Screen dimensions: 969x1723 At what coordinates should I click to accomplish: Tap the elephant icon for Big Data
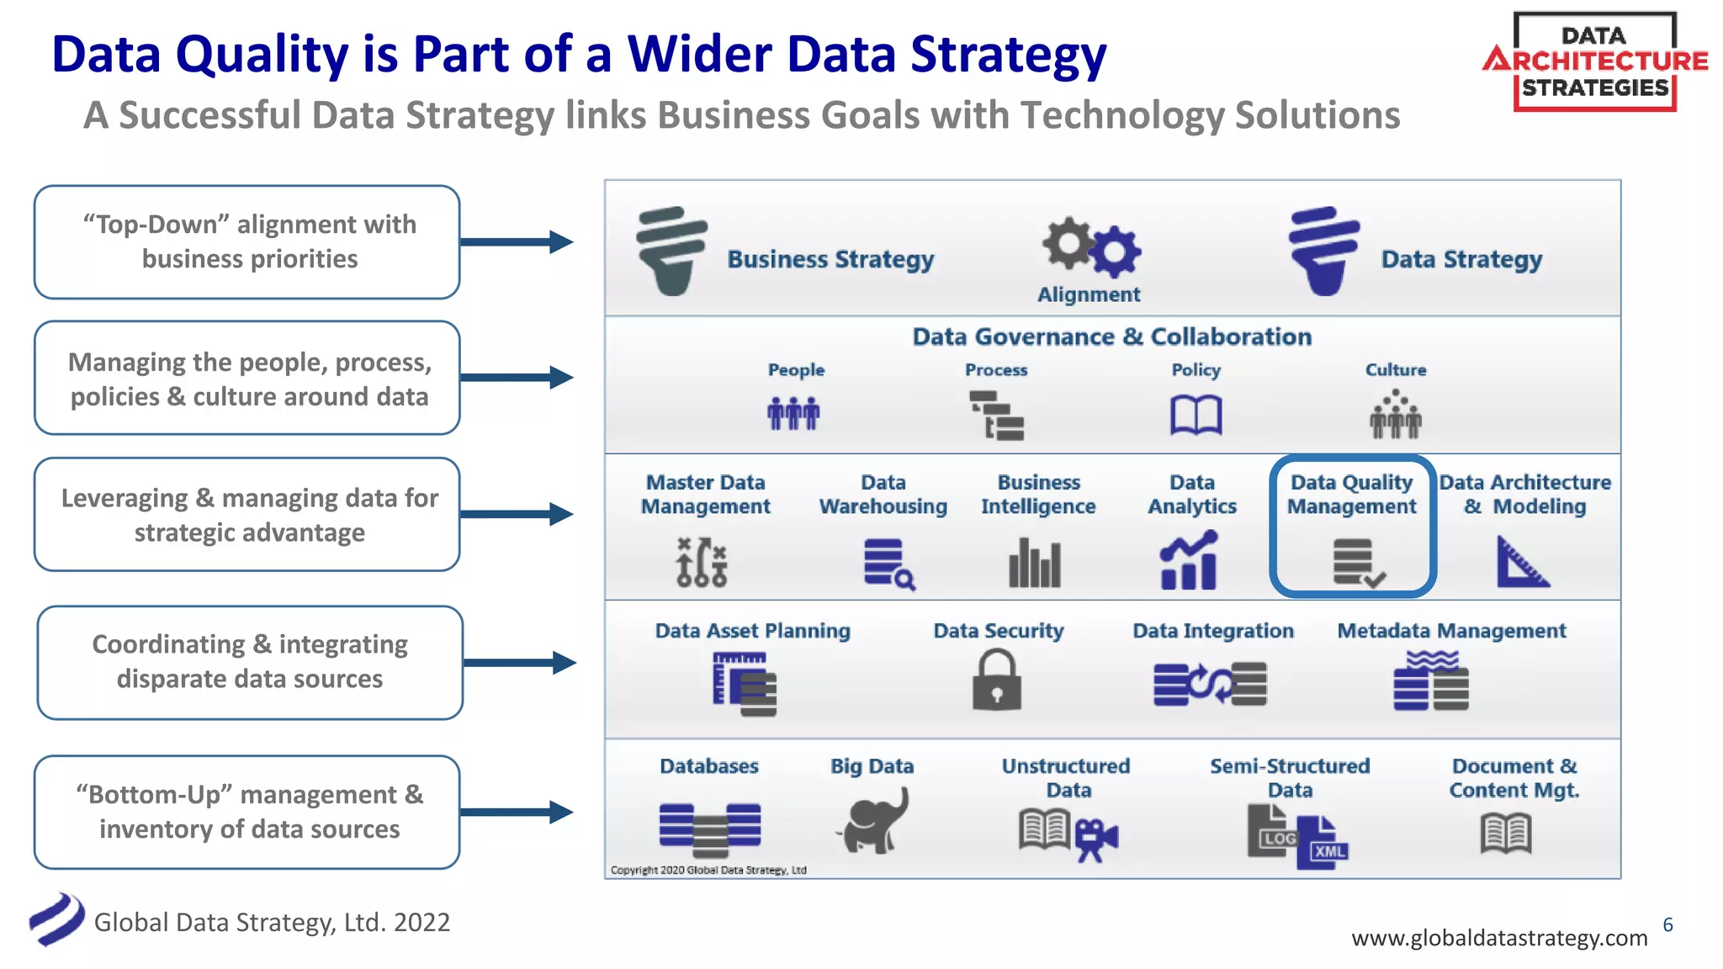[x=874, y=821]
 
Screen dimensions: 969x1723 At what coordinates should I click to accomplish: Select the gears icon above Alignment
[x=1091, y=247]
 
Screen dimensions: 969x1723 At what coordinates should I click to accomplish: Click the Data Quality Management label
[x=1351, y=494]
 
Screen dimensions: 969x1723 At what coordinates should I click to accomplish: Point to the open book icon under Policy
[x=1195, y=416]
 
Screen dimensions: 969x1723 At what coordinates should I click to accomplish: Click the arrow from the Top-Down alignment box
[x=517, y=242]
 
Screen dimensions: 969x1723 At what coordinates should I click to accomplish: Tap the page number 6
[x=1667, y=925]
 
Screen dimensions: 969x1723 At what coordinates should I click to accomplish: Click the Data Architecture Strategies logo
[x=1594, y=61]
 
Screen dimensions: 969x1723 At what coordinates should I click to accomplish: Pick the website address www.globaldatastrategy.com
[x=1498, y=938]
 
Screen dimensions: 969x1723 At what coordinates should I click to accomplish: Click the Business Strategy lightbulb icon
[x=671, y=251]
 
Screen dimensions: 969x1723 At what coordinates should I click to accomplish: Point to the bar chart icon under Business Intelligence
[x=1035, y=562]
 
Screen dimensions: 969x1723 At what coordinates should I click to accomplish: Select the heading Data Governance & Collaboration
[x=1111, y=336]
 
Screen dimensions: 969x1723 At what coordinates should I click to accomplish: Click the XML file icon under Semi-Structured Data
[x=1324, y=844]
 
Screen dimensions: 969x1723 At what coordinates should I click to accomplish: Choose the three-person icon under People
[x=793, y=413]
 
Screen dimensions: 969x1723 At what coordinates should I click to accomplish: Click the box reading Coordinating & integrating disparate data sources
[x=250, y=662]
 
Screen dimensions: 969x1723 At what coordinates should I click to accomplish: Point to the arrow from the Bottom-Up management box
[x=517, y=812]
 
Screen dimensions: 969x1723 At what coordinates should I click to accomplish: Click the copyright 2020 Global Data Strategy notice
[x=708, y=870]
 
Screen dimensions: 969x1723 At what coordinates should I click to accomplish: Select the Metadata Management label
[x=1451, y=631]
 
